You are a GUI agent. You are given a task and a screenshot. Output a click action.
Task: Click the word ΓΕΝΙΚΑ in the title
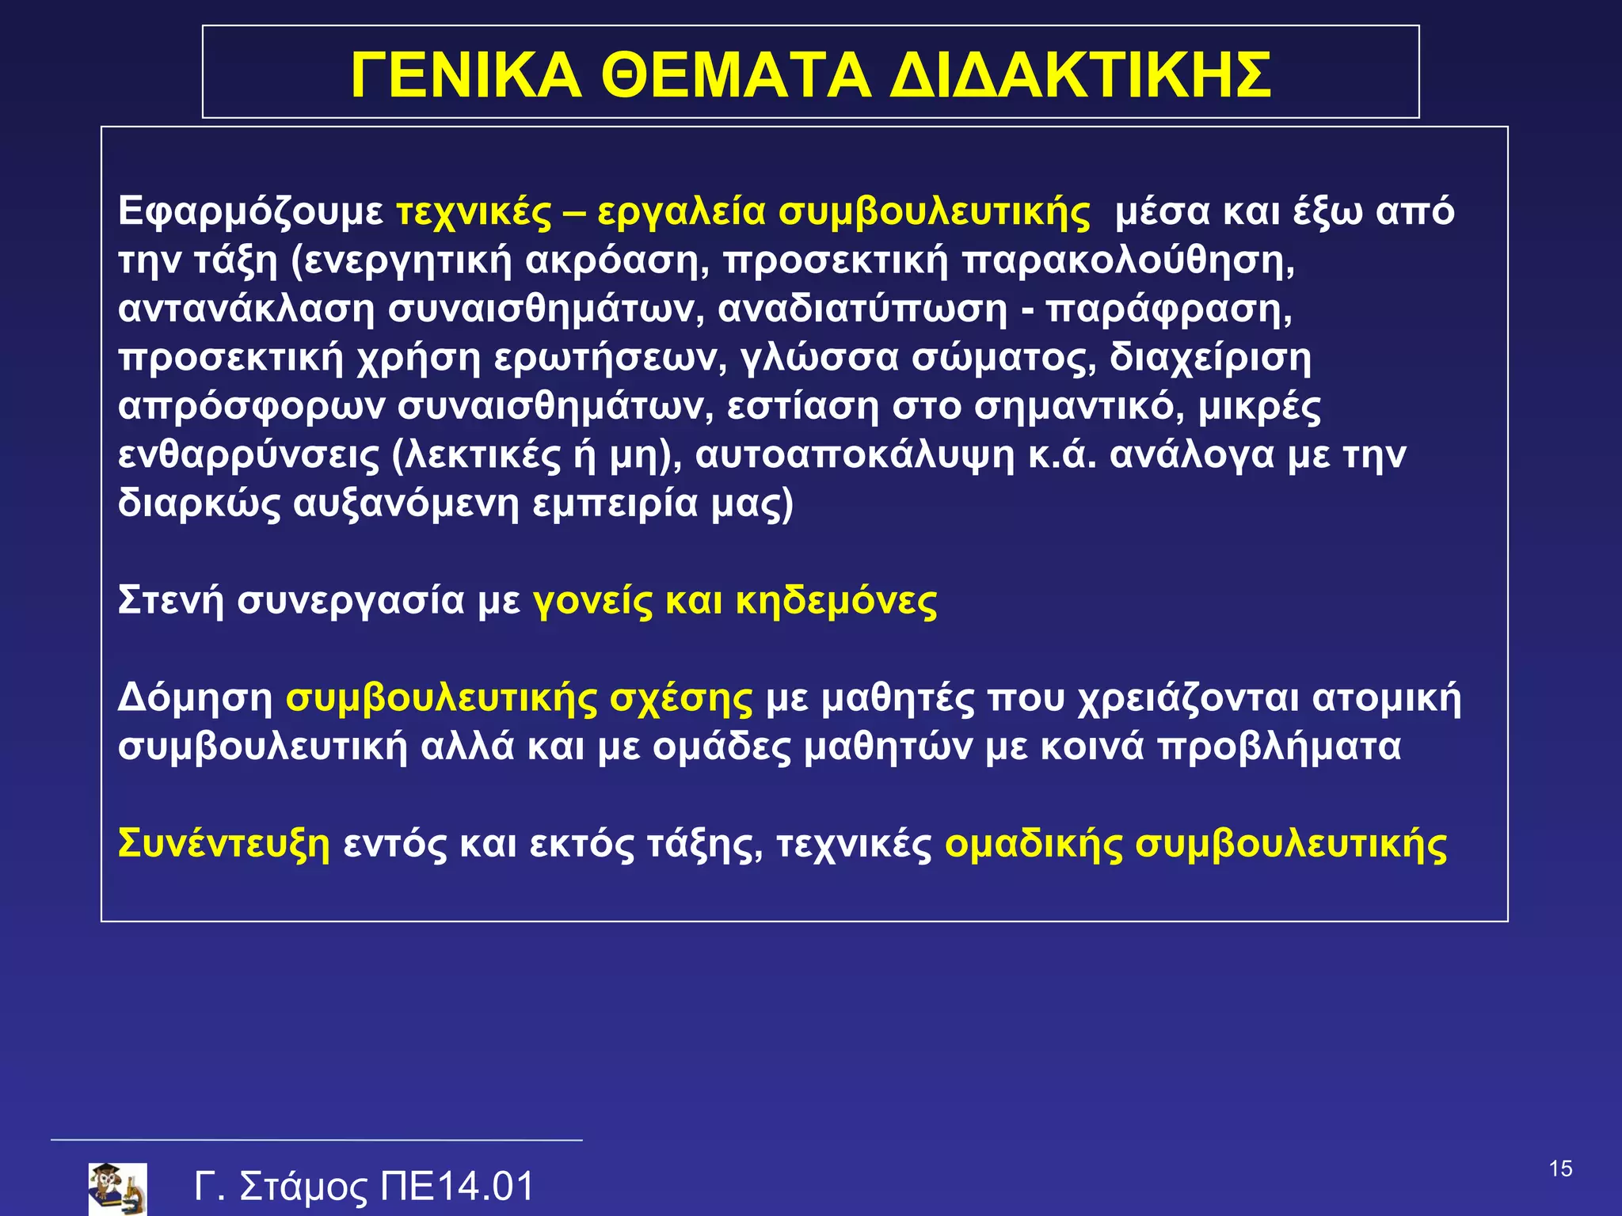pos(466,75)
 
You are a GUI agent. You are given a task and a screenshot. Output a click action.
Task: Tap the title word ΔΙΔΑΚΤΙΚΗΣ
pos(1080,75)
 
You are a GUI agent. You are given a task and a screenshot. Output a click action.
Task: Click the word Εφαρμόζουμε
pos(250,212)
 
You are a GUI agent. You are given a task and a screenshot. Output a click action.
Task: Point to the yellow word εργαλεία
pos(681,212)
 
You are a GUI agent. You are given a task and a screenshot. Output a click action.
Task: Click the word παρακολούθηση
pos(1129,261)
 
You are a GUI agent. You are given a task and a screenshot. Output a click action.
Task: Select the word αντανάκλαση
pos(246,310)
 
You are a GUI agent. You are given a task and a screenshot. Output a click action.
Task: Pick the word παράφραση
pos(1169,310)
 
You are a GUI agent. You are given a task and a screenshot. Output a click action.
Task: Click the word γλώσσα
pos(819,358)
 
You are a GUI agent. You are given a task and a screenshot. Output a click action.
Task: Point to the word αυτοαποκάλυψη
pos(855,456)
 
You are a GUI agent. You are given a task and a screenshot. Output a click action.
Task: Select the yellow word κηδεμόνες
pos(836,602)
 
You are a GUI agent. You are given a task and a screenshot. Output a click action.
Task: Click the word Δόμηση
pos(195,698)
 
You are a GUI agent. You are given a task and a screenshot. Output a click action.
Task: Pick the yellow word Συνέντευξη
pos(223,844)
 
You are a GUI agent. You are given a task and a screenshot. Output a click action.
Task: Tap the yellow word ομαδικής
pos(1034,844)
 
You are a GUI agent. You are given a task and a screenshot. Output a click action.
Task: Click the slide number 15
pos(1560,1169)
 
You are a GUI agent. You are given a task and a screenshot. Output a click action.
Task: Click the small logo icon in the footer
pos(117,1188)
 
